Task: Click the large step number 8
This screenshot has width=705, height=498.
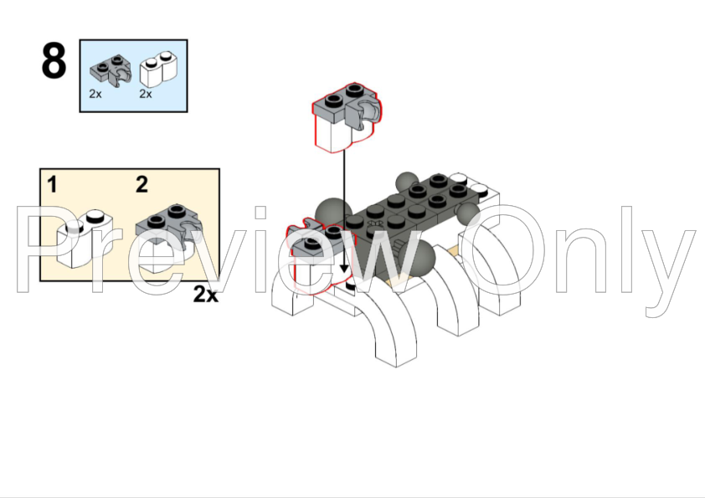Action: [54, 60]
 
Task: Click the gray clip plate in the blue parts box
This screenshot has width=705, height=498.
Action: [111, 70]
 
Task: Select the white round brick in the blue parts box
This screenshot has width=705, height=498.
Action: [158, 69]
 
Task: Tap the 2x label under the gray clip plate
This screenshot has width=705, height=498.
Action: [95, 94]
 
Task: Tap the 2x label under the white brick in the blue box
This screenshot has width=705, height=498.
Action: [145, 94]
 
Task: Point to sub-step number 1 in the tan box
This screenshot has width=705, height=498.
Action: [52, 185]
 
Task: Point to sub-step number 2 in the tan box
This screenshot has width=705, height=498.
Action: [142, 184]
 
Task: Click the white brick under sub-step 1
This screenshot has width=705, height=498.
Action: [85, 239]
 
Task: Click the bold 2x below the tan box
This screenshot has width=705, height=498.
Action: [206, 295]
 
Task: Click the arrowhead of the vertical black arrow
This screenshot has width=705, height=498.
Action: [344, 268]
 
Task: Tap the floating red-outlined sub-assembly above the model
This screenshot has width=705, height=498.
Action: [347, 117]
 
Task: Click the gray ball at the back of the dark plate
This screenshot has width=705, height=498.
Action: [408, 182]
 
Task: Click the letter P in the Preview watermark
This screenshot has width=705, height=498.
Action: [54, 249]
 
